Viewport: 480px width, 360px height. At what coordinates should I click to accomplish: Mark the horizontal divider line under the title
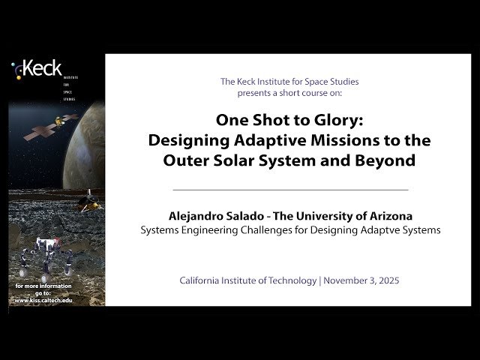[290, 190]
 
